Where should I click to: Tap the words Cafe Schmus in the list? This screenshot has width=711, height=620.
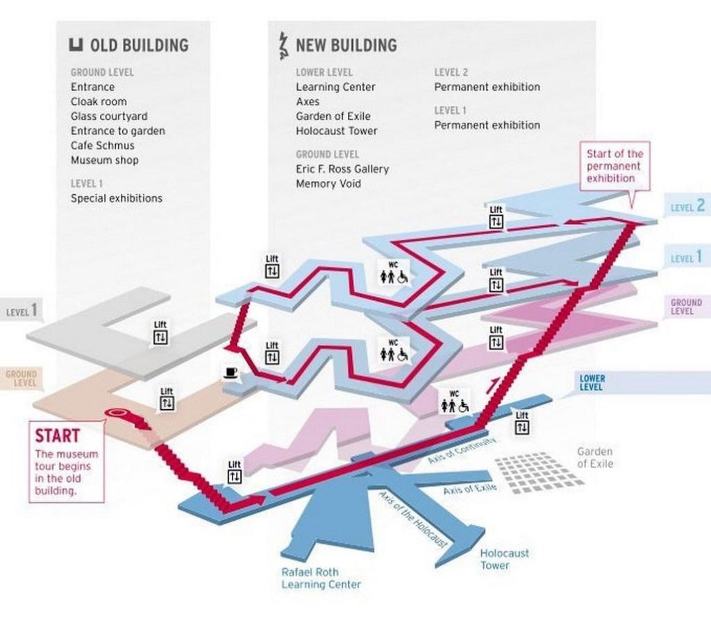tap(102, 146)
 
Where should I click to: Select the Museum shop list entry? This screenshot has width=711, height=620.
tap(104, 160)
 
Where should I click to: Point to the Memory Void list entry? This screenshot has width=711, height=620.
tap(328, 184)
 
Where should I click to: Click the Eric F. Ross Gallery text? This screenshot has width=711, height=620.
tap(342, 169)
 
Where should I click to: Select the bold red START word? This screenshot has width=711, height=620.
tap(58, 436)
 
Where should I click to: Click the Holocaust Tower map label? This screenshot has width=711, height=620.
tap(504, 559)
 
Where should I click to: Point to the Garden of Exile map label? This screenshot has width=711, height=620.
tap(595, 458)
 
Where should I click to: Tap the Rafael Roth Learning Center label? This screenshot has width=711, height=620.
tap(321, 578)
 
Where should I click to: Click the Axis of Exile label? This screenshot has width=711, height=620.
tap(470, 490)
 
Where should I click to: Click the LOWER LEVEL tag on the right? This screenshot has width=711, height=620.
tap(592, 383)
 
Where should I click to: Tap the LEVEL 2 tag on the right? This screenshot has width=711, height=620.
tap(687, 205)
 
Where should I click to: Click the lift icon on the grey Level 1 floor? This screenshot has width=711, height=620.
tap(160, 333)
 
